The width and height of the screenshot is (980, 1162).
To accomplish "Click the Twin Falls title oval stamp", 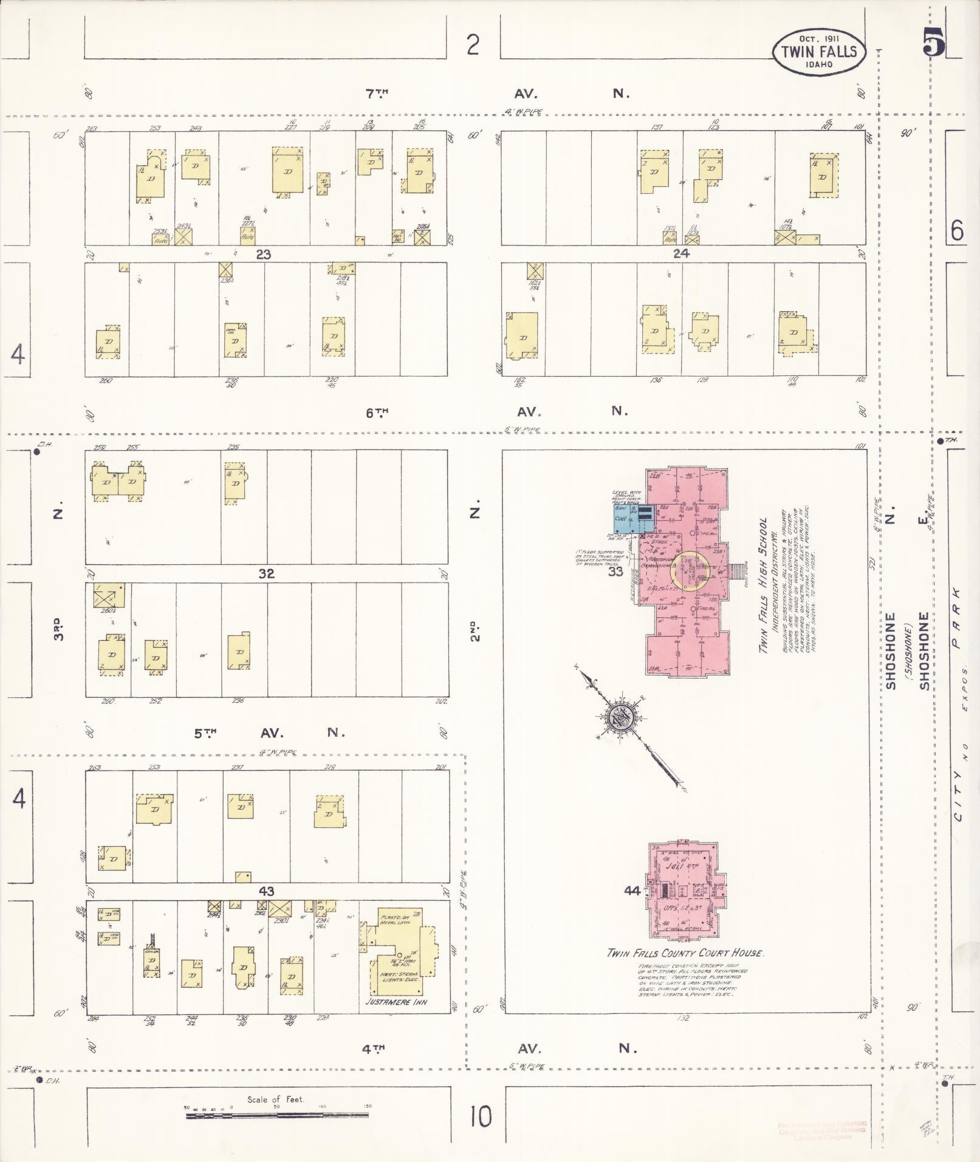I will (x=819, y=52).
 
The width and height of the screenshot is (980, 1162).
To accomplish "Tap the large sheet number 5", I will (x=934, y=43).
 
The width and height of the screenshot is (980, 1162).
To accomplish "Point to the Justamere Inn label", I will (x=396, y=1001).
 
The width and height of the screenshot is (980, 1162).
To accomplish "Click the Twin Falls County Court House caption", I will (x=685, y=952).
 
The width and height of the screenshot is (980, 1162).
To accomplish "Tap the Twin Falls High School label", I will (x=764, y=586).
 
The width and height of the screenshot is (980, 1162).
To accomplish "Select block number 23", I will (x=263, y=255).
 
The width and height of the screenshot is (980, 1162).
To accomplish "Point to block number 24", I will (x=681, y=254).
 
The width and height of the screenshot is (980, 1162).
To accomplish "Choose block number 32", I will (x=266, y=573).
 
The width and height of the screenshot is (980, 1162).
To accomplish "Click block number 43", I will (x=266, y=891).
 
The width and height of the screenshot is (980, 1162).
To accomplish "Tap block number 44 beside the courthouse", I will (x=632, y=890).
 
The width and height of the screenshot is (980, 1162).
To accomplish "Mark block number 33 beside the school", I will (x=615, y=571).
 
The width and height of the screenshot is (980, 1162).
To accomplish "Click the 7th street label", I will (x=377, y=93).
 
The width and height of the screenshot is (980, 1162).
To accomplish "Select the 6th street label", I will (x=377, y=412).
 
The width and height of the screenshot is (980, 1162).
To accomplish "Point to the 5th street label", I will (x=205, y=733).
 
